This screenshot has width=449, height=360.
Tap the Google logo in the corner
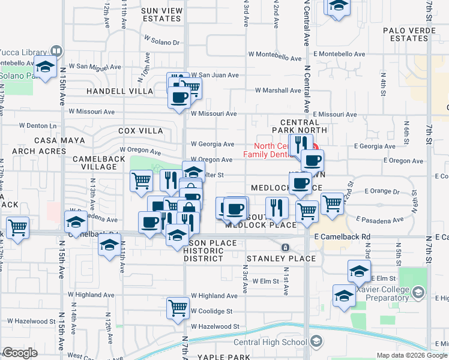point(20,353)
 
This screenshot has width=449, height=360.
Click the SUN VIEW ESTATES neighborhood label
point(162,14)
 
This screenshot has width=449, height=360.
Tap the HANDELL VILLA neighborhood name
point(120,91)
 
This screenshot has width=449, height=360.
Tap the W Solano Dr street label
point(162,42)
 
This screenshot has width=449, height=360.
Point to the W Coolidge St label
point(211,311)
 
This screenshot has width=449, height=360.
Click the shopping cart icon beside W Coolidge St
point(178,308)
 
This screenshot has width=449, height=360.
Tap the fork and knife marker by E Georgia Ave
point(301,143)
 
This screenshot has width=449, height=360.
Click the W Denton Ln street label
point(37,126)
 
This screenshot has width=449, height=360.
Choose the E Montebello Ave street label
point(341,54)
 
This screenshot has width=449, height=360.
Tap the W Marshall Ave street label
point(277,91)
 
